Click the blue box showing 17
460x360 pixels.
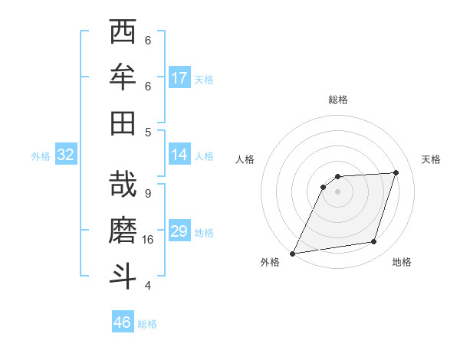(x=179, y=78)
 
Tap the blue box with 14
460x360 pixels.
(x=179, y=155)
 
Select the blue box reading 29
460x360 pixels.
(x=179, y=231)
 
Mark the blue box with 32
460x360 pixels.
(x=65, y=155)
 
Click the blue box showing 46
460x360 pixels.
(x=123, y=322)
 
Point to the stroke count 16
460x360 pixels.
(x=149, y=240)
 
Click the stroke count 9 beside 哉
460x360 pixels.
(x=147, y=194)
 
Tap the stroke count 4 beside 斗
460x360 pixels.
(x=147, y=286)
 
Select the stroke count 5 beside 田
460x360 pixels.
(x=147, y=132)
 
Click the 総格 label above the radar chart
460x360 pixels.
(x=338, y=100)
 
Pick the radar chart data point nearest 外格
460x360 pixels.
(x=292, y=254)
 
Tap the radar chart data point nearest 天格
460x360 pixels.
(x=396, y=172)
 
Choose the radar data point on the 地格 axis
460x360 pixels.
(x=374, y=242)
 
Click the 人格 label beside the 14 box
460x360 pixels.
(x=204, y=155)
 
